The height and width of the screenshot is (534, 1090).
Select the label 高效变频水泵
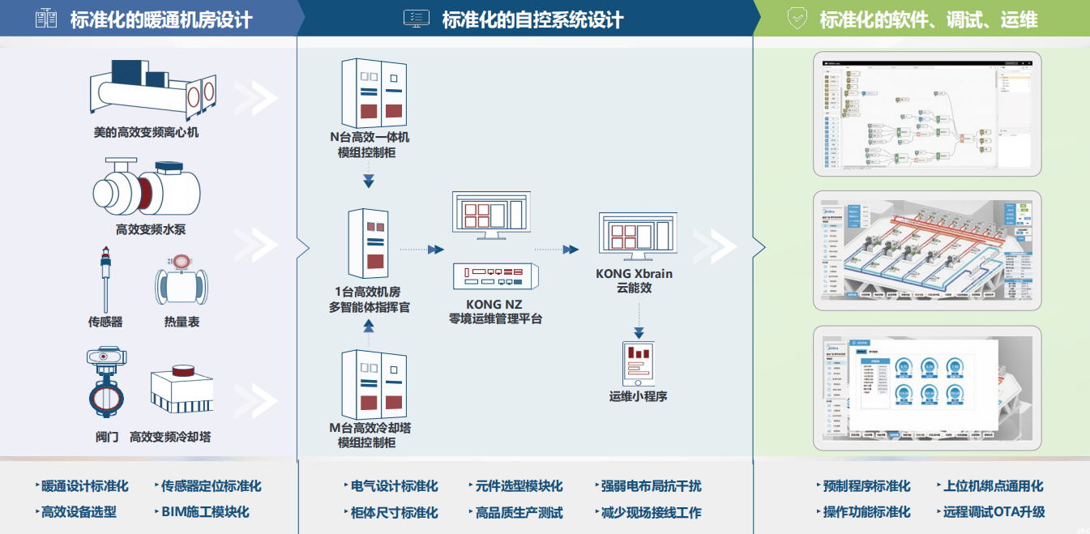(151, 229)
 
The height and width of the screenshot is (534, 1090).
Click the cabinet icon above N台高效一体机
(373, 91)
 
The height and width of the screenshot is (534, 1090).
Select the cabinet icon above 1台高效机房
(368, 242)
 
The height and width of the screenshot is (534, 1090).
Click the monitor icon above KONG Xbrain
(635, 236)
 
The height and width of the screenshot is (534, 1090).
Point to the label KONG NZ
(494, 305)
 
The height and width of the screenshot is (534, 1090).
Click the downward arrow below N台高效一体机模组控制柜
(369, 179)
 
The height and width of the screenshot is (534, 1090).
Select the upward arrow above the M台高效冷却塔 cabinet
(369, 327)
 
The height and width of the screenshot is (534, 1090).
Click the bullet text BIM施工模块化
(205, 512)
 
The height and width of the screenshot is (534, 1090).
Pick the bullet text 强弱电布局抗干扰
(652, 486)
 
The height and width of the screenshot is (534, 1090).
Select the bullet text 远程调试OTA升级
(994, 512)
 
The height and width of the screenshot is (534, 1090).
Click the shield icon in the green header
(797, 19)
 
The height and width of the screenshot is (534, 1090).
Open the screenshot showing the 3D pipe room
(927, 250)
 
